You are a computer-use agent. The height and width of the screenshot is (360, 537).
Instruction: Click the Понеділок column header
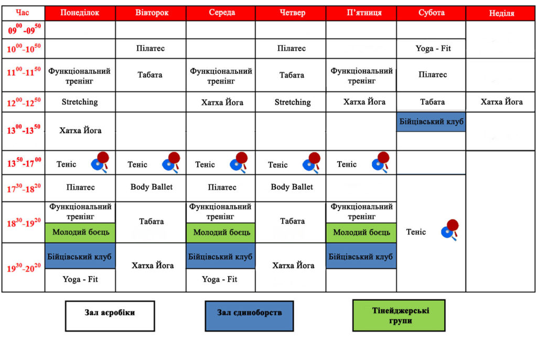coord(80,13)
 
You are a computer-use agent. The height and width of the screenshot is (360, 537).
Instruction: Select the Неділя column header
coord(500,13)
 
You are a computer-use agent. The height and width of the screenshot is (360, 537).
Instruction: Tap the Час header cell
coord(23,13)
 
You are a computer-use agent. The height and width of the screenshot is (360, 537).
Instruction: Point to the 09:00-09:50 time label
coord(24,29)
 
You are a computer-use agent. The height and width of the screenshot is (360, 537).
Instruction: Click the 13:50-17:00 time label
coord(24,162)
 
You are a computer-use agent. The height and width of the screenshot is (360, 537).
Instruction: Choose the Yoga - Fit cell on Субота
coord(433,48)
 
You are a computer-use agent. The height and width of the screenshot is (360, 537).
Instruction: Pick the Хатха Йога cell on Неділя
coord(501,102)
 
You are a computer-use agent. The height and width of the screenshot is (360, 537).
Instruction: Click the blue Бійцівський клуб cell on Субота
coord(431,122)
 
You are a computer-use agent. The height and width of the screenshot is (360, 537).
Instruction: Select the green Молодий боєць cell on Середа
coord(221,233)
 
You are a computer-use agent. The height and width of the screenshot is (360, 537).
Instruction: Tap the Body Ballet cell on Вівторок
coord(151,187)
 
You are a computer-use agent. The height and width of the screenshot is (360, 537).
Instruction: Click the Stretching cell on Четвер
coord(292,102)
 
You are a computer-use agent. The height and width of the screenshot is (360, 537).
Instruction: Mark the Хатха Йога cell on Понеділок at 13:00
coord(80,130)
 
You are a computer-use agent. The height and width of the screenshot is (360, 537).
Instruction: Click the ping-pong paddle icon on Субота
coord(450,230)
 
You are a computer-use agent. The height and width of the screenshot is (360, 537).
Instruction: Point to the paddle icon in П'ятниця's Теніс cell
coord(381,162)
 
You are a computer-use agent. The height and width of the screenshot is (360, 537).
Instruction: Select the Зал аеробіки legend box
coord(110,316)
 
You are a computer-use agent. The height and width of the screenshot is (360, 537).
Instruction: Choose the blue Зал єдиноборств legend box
coord(249,316)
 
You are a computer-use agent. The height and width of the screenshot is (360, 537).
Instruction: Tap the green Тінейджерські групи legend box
coord(399,315)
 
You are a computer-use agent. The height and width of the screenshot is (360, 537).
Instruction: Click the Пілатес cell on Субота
coord(433,74)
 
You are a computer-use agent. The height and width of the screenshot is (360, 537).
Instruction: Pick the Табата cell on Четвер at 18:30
coord(292,222)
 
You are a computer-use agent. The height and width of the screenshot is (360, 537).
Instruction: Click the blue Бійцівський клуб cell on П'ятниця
coord(361,256)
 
